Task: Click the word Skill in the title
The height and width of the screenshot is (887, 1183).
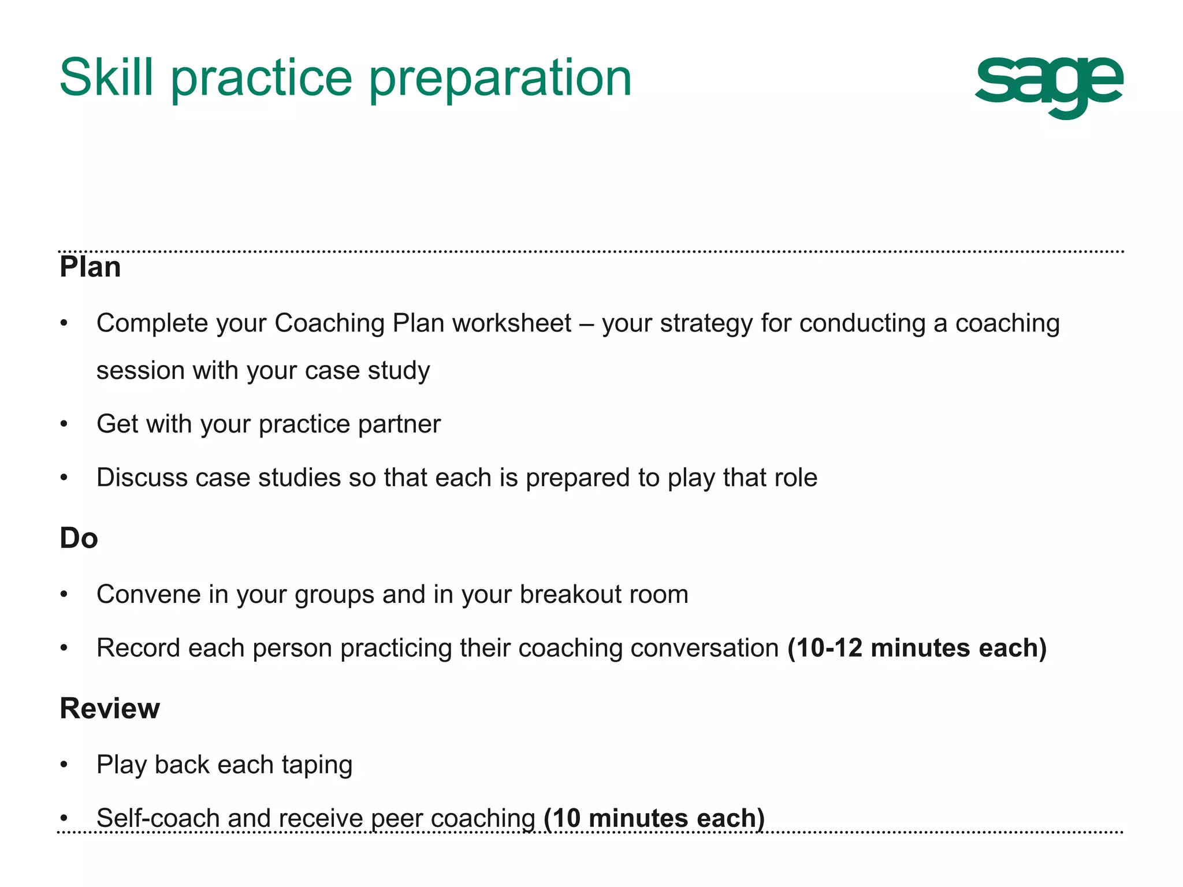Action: [107, 77]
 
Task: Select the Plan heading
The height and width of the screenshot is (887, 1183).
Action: [90, 267]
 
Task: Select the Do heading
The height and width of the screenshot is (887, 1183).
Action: [79, 538]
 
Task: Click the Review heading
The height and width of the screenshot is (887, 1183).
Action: [110, 709]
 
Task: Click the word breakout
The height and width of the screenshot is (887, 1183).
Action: [570, 594]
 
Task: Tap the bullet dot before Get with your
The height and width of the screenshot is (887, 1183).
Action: [64, 424]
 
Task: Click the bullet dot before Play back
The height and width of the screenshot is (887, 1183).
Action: [64, 765]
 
